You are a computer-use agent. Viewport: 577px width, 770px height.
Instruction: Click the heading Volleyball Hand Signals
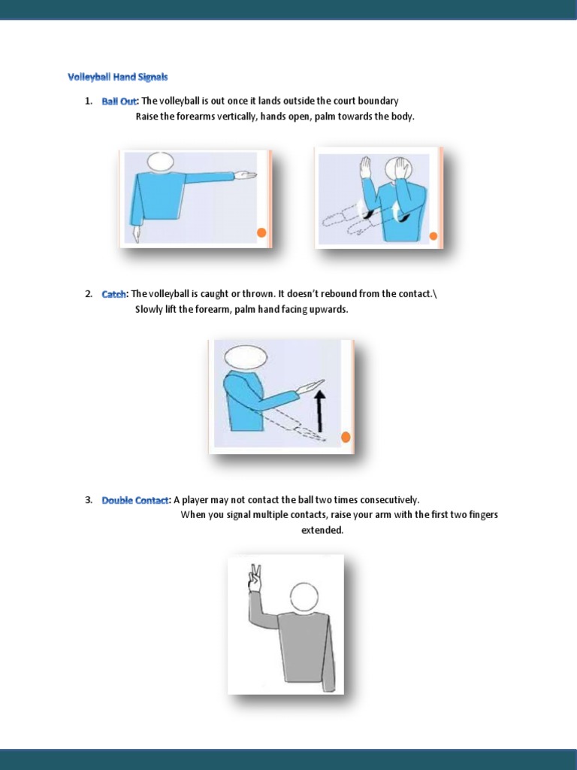click(x=118, y=77)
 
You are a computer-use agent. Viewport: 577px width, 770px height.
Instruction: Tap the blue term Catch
click(x=114, y=294)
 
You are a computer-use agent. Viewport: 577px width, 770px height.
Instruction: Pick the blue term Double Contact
click(x=135, y=500)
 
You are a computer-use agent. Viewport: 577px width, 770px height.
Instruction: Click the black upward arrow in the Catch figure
click(x=322, y=410)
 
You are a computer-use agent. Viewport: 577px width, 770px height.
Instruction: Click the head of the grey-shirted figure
click(x=304, y=597)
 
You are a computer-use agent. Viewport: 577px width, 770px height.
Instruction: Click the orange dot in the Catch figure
click(x=346, y=438)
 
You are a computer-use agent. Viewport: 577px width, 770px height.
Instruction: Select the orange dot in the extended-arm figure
click(x=261, y=232)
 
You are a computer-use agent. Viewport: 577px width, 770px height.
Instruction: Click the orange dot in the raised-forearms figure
click(x=433, y=236)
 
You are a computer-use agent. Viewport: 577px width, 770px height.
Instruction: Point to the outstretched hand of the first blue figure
click(x=244, y=176)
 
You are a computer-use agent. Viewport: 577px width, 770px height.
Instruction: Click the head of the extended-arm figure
click(x=160, y=161)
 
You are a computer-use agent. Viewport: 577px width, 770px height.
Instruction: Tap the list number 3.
click(x=89, y=500)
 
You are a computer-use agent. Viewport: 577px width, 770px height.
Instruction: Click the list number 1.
click(x=89, y=101)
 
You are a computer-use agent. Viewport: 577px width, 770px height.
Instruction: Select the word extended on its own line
click(x=322, y=530)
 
